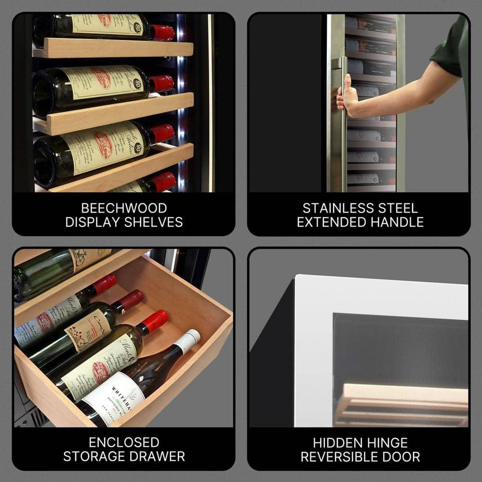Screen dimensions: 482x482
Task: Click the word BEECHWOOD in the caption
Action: pyautogui.click(x=124, y=208)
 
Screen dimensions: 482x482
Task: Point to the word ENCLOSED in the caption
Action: pyautogui.click(x=124, y=442)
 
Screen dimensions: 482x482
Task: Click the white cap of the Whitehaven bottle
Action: pyautogui.click(x=188, y=340)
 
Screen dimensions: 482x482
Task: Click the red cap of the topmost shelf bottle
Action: pyautogui.click(x=163, y=32)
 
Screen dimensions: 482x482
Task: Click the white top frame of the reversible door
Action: pyautogui.click(x=381, y=294)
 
